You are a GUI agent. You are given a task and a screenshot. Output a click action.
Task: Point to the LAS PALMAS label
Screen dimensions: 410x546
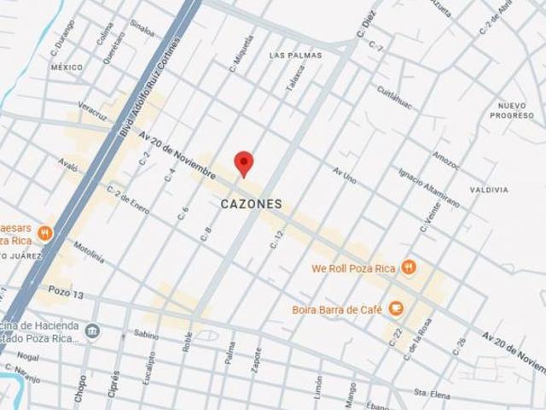(x=295, y=56)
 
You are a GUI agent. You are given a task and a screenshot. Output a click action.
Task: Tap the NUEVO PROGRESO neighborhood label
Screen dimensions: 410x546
(x=511, y=109)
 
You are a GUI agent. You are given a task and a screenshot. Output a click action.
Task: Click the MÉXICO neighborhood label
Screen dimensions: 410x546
(x=67, y=67)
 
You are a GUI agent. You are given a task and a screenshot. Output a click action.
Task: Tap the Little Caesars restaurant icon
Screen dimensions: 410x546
(x=45, y=231)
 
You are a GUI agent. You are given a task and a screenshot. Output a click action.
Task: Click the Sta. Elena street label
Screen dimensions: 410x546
(x=431, y=392)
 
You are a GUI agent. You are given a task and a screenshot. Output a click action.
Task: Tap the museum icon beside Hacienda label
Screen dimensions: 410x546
(x=92, y=331)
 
